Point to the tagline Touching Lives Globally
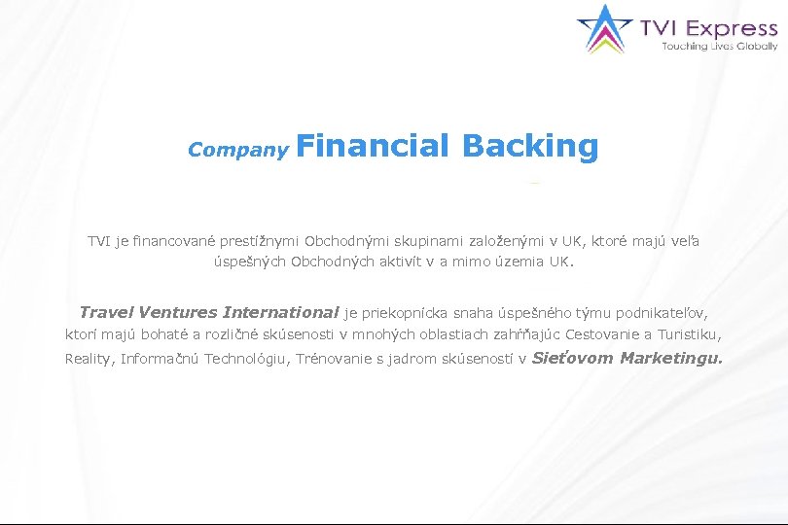(x=719, y=46)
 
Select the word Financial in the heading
(x=372, y=146)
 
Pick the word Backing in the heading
(x=530, y=146)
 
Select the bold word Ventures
(x=178, y=313)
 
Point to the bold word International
(x=280, y=313)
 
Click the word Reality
(x=90, y=359)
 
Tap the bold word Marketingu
(x=671, y=358)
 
